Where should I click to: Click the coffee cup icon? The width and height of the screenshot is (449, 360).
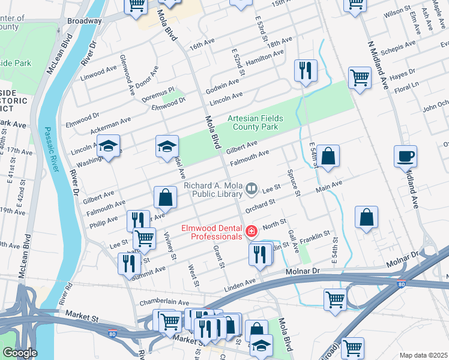click(405, 157)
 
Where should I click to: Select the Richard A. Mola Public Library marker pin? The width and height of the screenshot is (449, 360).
click(252, 190)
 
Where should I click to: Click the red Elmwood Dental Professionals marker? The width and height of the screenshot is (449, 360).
click(251, 231)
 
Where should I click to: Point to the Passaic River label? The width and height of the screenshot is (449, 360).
click(52, 150)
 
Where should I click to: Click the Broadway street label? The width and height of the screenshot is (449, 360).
click(84, 20)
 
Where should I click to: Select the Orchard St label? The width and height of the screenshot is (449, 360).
click(259, 204)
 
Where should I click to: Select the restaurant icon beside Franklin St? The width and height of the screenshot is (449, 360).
click(261, 254)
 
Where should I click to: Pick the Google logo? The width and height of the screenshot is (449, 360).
click(20, 353)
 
